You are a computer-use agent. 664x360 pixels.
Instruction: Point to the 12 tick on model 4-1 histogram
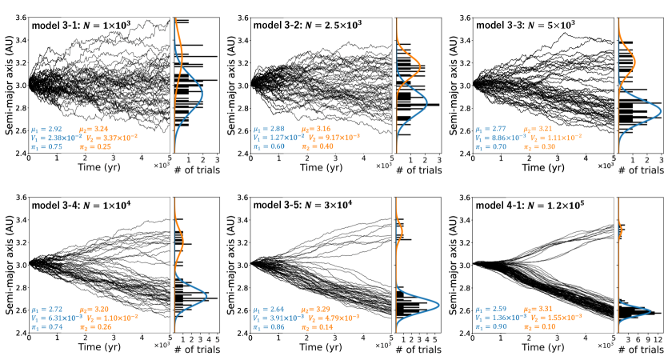pos(658,340)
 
